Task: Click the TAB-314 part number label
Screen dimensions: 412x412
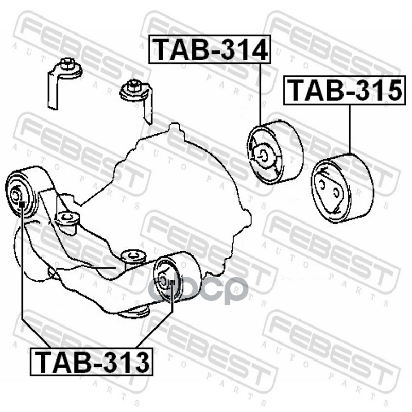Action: [210, 49]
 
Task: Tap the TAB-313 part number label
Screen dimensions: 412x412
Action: [92, 362]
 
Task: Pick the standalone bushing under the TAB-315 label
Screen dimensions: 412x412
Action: [342, 188]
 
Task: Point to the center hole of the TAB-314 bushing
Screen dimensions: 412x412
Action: [262, 153]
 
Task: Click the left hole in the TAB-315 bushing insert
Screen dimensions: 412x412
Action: [321, 183]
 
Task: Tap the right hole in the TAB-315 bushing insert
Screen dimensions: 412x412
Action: [336, 193]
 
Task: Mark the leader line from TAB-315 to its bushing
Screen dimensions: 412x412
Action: [350, 129]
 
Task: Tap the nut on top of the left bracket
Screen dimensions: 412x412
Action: [65, 64]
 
